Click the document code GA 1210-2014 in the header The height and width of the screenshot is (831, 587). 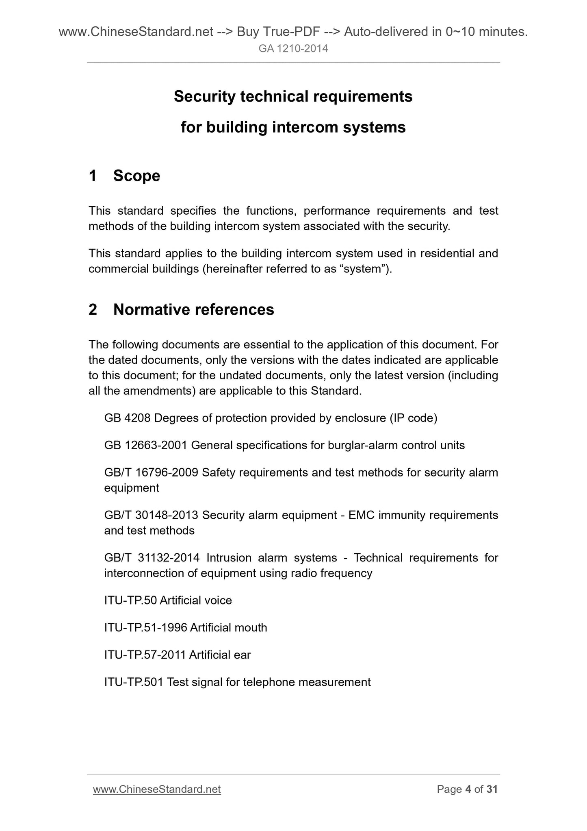[293, 49]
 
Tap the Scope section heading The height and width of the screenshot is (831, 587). [136, 176]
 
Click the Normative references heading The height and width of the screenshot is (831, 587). [193, 310]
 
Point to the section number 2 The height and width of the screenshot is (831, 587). [93, 310]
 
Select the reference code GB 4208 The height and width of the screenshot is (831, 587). [128, 418]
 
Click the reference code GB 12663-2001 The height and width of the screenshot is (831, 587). [146, 445]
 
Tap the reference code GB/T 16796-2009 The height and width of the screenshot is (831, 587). [151, 472]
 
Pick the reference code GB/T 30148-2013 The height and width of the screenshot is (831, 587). [151, 515]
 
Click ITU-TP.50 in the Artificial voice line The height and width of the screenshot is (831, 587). [130, 600]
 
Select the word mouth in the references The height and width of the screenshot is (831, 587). [251, 628]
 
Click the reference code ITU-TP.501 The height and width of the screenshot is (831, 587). [134, 682]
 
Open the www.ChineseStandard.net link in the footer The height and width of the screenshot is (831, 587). [157, 789]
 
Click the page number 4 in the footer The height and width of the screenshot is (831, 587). [468, 789]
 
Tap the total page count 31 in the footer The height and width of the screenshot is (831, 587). [492, 789]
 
